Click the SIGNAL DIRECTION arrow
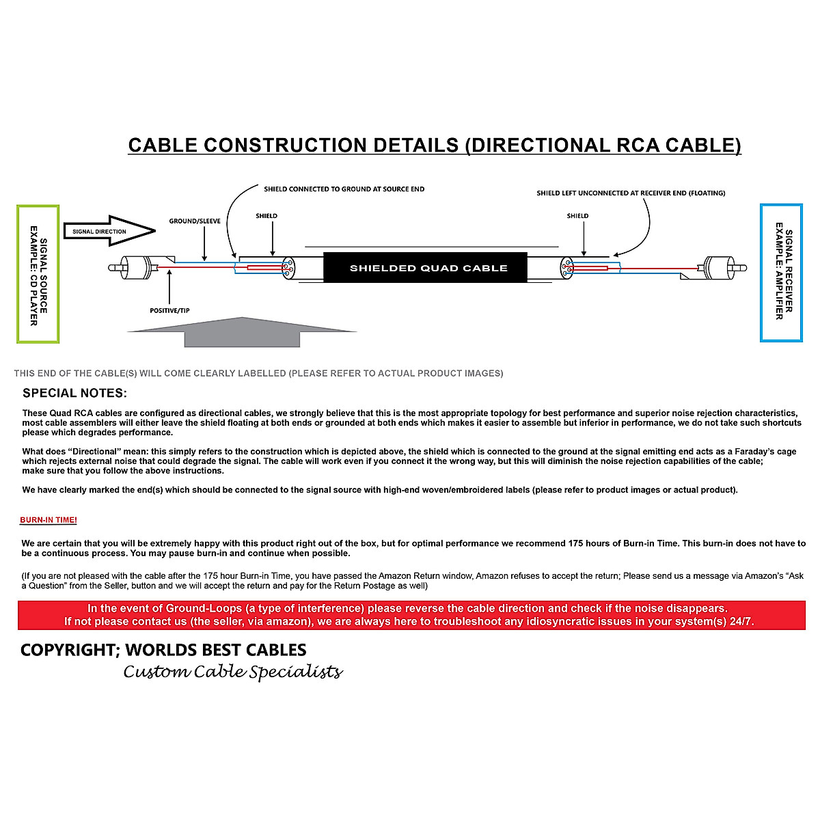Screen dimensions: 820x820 (x=109, y=231)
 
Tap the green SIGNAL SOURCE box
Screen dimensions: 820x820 (x=38, y=274)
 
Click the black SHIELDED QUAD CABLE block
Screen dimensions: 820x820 (x=428, y=268)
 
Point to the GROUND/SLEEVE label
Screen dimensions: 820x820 (x=195, y=221)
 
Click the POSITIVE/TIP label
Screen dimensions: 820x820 (x=169, y=311)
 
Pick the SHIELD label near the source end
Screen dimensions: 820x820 (x=266, y=216)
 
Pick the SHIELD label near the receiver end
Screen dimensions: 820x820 (x=577, y=216)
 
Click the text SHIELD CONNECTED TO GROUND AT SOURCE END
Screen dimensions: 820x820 (x=344, y=189)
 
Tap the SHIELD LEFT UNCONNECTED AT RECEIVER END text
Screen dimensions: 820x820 (x=631, y=193)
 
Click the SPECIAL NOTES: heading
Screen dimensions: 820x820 (x=74, y=394)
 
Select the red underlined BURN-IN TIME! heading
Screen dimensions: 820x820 (x=49, y=520)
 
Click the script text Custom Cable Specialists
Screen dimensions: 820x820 (x=232, y=672)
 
